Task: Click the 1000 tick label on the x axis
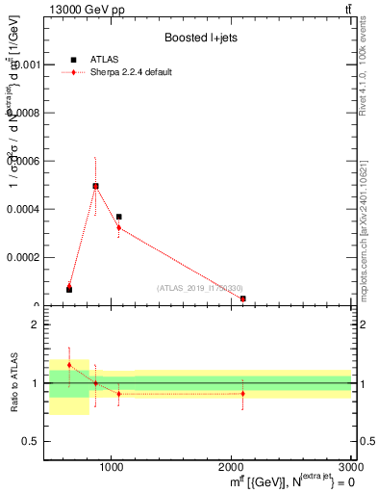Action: point(113,467)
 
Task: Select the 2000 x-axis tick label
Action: point(232,467)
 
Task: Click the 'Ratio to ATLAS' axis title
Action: point(12,383)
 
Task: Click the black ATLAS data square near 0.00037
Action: point(118,218)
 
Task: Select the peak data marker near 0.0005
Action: point(95,186)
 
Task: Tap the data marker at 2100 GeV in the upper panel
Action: point(243,298)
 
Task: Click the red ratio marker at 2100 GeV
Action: point(242,393)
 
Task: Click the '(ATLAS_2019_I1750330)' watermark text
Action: point(200,288)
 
